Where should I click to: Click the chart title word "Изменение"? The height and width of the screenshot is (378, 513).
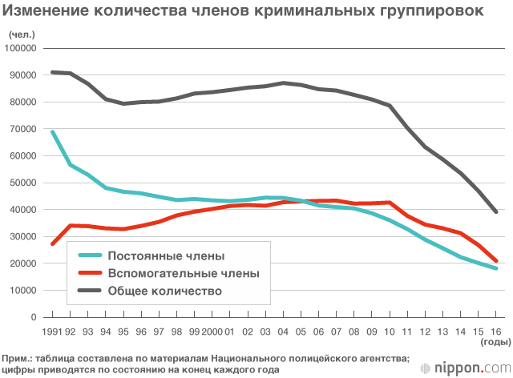[x=42, y=12]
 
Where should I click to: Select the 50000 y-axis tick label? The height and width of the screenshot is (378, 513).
[x=23, y=183]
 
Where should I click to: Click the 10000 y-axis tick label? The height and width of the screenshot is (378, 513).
[x=23, y=290]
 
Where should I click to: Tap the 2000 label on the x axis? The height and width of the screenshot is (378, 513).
[x=212, y=330]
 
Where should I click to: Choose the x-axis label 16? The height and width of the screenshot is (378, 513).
[x=496, y=330]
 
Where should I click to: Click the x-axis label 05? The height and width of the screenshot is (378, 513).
[x=301, y=330]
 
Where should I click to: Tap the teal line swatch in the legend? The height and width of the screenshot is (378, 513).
[x=95, y=255]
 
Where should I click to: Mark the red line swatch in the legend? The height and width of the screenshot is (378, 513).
[x=95, y=273]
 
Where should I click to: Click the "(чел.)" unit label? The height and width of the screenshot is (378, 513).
[x=21, y=34]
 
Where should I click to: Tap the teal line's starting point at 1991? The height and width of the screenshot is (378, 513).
[x=53, y=132]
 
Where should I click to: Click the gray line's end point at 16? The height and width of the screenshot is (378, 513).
[x=496, y=211]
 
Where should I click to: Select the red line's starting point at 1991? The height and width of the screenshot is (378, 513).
[x=53, y=243]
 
